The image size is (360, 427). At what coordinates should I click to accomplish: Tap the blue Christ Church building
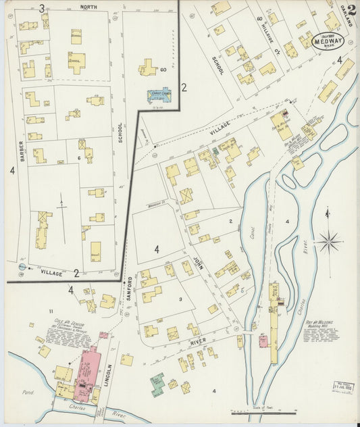pos(159,96)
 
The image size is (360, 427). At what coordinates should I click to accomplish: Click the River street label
pos(197,343)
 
